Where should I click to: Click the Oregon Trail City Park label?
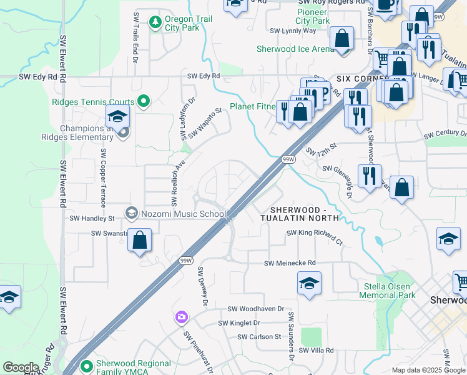tap(188, 23)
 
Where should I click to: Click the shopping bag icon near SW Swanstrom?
tap(140, 240)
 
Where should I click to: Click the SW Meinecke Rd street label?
tap(290, 264)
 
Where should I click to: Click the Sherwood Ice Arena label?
tap(295, 49)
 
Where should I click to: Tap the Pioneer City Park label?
tap(313, 16)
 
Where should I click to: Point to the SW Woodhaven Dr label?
tap(255, 309)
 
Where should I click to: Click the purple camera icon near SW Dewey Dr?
tap(182, 317)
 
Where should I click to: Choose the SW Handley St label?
tap(92, 219)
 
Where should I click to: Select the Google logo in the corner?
tap(21, 367)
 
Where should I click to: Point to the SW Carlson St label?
tap(259, 337)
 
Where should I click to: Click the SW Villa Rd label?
tap(316, 351)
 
